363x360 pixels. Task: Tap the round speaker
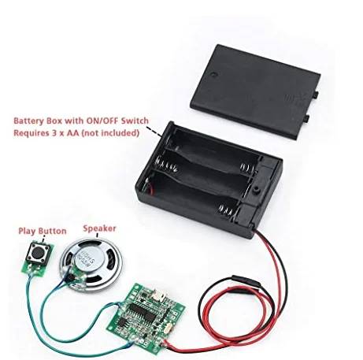coord(87,265)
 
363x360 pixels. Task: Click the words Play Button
coord(43,231)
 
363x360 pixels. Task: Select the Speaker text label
coord(99,228)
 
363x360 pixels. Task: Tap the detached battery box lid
coord(255,91)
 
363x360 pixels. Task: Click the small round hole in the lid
coord(214,74)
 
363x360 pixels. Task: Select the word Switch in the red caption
coord(135,121)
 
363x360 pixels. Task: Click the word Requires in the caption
coord(30,133)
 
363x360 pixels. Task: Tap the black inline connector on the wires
coord(246,281)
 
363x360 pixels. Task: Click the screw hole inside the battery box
coord(256,189)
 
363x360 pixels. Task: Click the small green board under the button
coord(37,262)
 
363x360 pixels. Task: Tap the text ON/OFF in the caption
coord(102,121)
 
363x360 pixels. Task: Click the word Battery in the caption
coord(29,121)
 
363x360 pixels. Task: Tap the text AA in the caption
coord(73,133)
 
